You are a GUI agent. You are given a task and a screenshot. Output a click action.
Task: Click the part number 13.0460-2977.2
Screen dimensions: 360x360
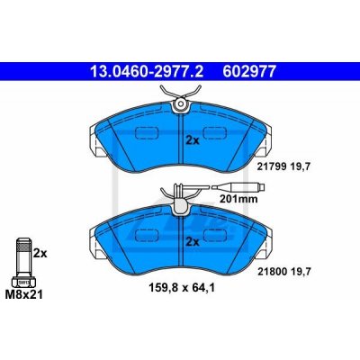[x=147, y=71]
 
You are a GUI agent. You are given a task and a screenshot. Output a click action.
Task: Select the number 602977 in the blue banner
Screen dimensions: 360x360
[x=248, y=71]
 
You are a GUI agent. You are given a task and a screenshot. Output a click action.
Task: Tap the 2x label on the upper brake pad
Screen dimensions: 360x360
[x=193, y=140]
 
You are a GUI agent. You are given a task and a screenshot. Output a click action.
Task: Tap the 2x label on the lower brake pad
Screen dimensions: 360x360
[x=193, y=242]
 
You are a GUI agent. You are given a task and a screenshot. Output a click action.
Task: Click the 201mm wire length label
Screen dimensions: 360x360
[x=238, y=199]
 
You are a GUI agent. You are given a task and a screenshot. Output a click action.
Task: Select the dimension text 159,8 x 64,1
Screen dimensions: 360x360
[x=182, y=288]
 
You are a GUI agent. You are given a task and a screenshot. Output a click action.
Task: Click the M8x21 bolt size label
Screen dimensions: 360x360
[x=24, y=295]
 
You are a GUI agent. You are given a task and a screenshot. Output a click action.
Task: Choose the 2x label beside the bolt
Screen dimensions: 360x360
[x=40, y=254]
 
